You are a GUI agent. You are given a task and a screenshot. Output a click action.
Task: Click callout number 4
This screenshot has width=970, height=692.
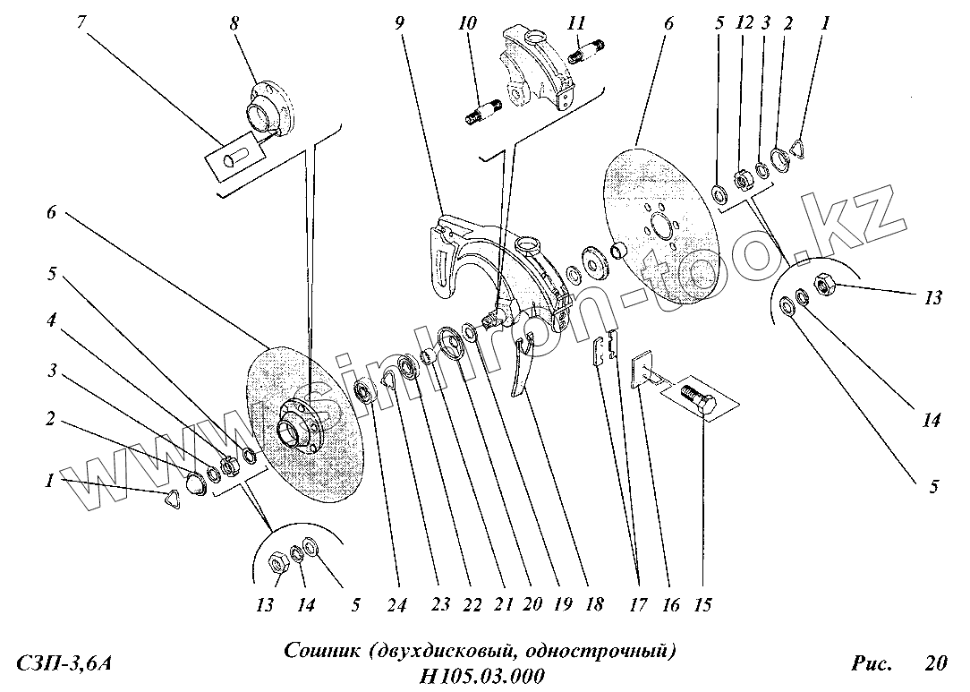(x=53, y=319)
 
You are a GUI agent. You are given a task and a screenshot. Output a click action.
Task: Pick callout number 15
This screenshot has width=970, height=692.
(x=702, y=606)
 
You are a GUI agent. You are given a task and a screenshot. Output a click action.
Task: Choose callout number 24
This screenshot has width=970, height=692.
(x=396, y=606)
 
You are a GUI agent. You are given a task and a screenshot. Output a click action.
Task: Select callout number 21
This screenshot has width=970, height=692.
(x=503, y=606)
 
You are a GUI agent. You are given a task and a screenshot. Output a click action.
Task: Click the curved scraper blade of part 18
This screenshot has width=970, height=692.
(x=522, y=367)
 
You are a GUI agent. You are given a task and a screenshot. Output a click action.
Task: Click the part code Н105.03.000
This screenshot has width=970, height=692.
(x=481, y=675)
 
